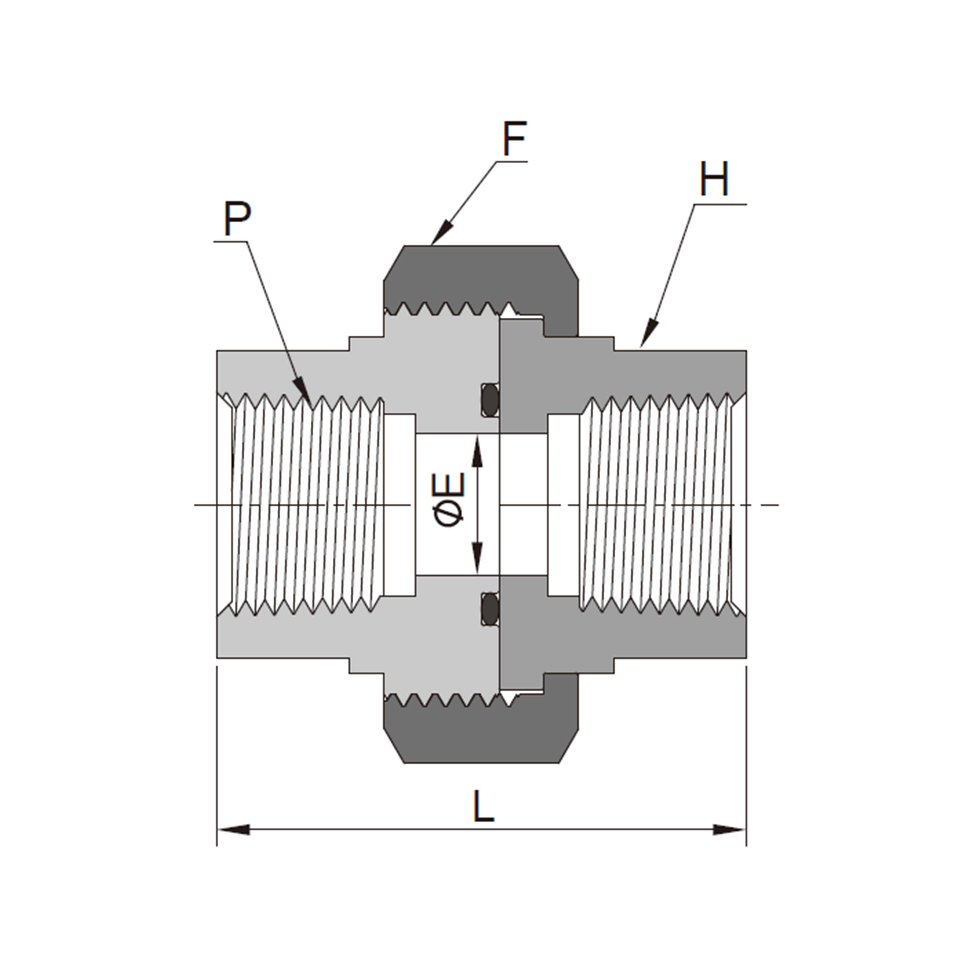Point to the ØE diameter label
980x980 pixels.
(449, 500)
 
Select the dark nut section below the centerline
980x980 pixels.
(482, 735)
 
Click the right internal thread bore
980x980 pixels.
(657, 505)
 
